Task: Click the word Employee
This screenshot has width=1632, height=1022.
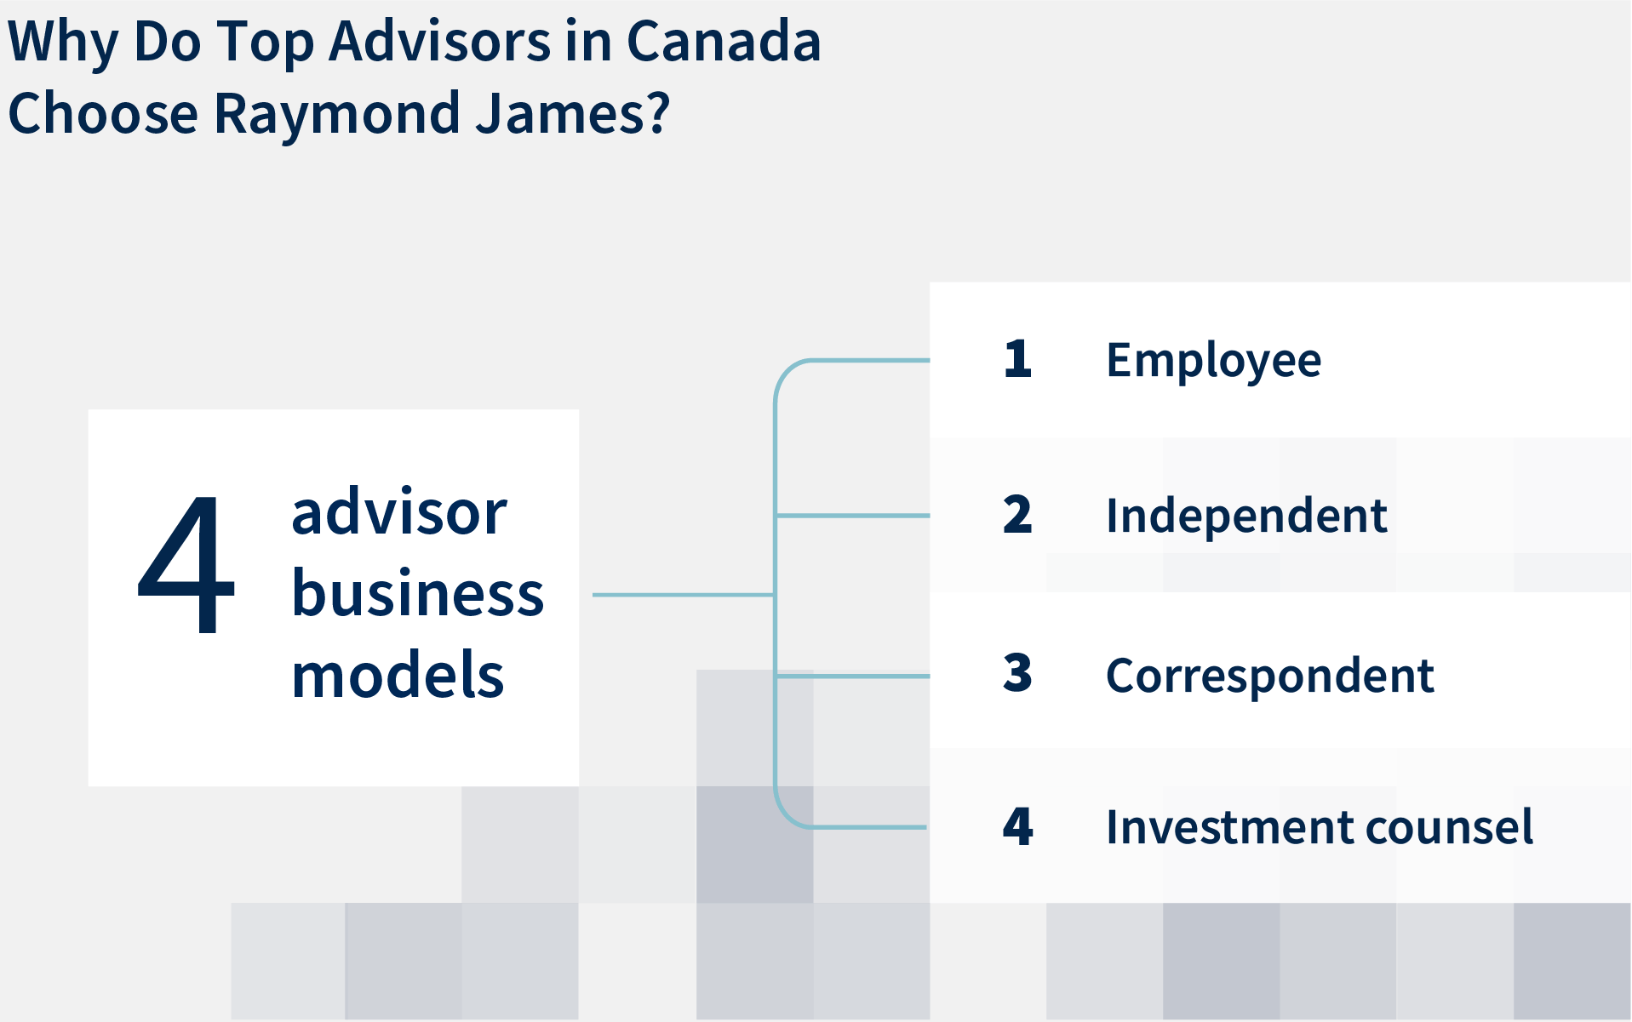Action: pos(1213,361)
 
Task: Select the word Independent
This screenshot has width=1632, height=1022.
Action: pos(1246,515)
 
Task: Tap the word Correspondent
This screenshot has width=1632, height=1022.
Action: pos(1269,676)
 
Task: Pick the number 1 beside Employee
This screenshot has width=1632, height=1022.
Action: pos(1018,358)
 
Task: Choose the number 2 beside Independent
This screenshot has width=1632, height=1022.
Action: pos(1017,514)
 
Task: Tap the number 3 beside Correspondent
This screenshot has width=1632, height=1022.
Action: pos(1017,673)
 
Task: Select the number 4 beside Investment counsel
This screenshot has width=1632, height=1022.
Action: pos(1018,825)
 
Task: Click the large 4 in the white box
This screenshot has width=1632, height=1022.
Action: pos(186,564)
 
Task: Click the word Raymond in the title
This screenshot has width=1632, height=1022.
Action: pos(337,113)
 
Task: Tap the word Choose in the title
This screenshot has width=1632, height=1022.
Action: pos(103,113)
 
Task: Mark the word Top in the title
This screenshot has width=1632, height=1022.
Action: pos(266,43)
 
